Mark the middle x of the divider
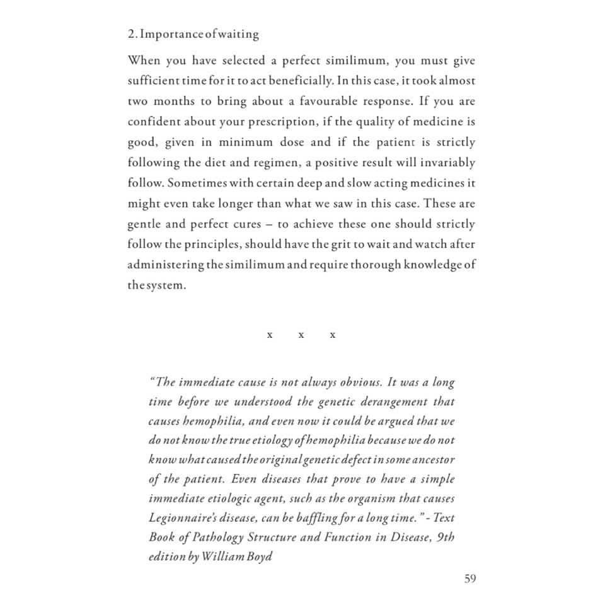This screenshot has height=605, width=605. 301,335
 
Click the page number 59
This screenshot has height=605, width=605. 470,579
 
